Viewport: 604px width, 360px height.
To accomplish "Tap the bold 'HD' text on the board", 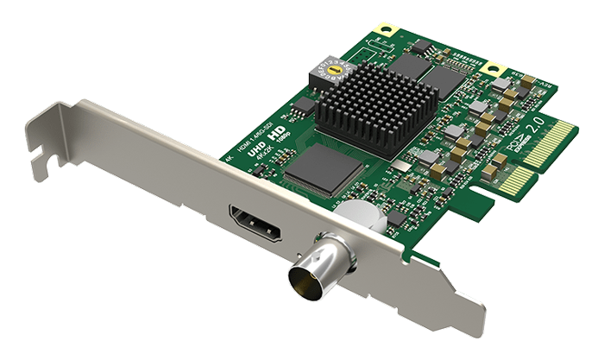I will coord(277,138).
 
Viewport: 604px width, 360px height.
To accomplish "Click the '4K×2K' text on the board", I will coord(262,163).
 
